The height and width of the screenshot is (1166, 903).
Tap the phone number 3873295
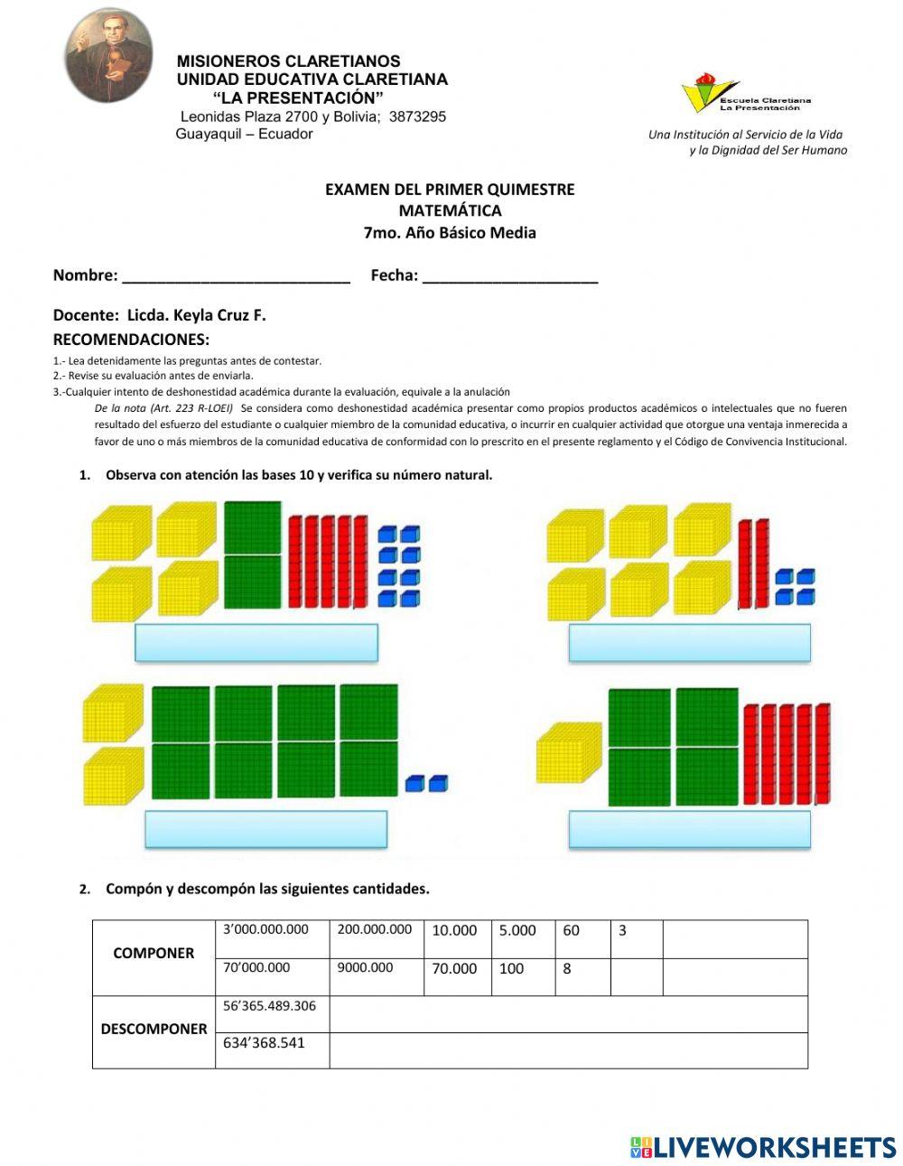pos(417,117)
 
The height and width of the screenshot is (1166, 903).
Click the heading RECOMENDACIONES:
pos(131,340)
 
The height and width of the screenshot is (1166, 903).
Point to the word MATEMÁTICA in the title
pos(450,210)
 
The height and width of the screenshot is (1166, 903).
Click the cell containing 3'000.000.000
pos(273,939)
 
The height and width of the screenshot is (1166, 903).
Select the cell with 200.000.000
pos(377,939)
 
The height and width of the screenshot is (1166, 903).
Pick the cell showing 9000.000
pos(377,977)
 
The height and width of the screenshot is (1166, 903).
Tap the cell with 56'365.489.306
pos(272,1014)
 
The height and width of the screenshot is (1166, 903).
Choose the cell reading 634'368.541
pos(272,1050)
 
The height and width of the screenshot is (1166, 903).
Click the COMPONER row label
pos(154,954)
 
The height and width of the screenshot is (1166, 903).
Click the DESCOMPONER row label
pos(154,1030)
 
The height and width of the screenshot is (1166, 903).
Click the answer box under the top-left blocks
pos(256,643)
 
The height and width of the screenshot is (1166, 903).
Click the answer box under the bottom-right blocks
pos(689,829)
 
